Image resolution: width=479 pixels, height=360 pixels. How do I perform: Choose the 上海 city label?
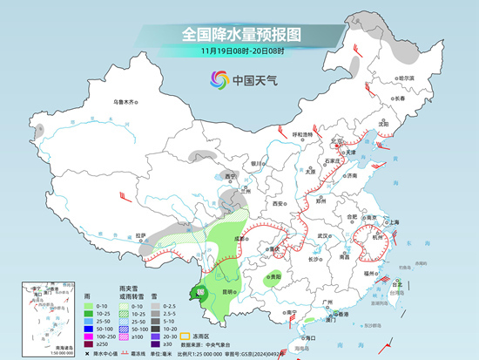point(395,222)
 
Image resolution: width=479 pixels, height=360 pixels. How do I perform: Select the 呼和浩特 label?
point(301,134)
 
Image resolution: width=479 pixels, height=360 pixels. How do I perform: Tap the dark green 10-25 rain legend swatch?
point(90,316)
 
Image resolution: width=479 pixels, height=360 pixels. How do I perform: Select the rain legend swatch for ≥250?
point(90,346)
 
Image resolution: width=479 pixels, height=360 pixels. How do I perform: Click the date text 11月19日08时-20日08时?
point(240,51)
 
